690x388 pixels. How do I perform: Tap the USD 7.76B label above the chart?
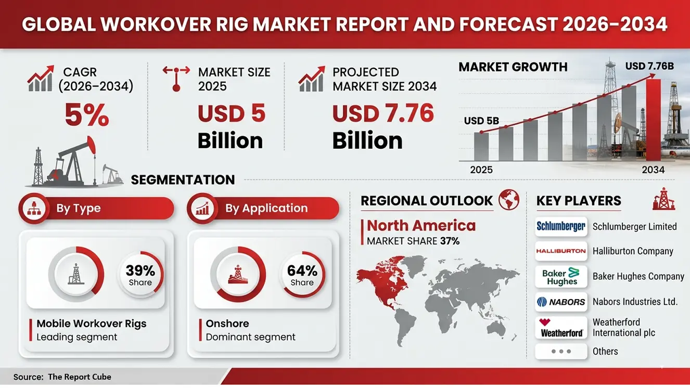(x=649, y=66)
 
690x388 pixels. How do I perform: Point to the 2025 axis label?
(x=481, y=170)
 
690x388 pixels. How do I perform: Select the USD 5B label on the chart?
(x=481, y=121)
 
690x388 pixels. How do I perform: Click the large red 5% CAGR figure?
(x=87, y=115)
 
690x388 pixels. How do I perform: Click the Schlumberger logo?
(x=561, y=226)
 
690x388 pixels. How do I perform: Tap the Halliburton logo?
(x=561, y=251)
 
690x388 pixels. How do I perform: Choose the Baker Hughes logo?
(x=561, y=276)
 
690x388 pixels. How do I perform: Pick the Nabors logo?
(x=561, y=302)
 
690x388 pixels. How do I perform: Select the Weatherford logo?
(x=561, y=328)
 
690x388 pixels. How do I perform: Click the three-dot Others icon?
(x=561, y=352)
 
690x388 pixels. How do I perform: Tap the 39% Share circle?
(x=140, y=275)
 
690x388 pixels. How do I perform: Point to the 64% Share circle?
(x=302, y=275)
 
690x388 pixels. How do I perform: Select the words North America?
(x=421, y=225)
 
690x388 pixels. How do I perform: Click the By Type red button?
(x=96, y=209)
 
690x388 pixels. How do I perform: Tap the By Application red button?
(x=263, y=209)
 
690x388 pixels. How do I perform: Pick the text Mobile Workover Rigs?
(x=92, y=324)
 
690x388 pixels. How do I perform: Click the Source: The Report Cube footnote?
(x=62, y=377)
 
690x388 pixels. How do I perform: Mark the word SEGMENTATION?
(x=183, y=180)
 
